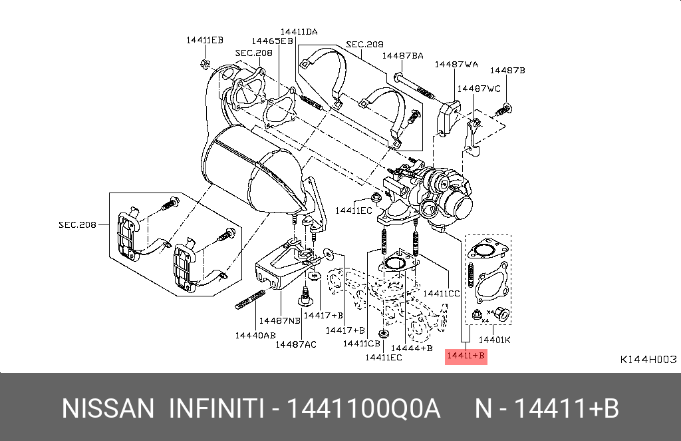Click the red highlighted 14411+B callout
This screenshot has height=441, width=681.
point(466,356)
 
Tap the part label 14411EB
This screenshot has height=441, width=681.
point(205,40)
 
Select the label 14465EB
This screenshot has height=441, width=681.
point(272,41)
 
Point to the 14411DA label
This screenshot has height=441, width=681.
point(299,31)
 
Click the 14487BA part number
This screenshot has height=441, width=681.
point(402,56)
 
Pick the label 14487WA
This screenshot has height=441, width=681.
point(456,65)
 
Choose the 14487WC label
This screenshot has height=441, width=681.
point(479,89)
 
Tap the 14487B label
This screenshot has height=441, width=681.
point(507,70)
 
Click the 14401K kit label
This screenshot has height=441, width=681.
point(495,340)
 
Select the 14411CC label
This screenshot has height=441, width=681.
point(442,294)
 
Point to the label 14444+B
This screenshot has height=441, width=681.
point(412,348)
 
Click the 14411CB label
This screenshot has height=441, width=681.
point(361,344)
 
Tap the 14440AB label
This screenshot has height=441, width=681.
point(255,335)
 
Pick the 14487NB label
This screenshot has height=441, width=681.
point(280,321)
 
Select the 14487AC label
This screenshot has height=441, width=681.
point(296,344)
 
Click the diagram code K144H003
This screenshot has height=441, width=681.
point(648,359)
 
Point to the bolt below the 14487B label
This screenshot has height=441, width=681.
point(503,109)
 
